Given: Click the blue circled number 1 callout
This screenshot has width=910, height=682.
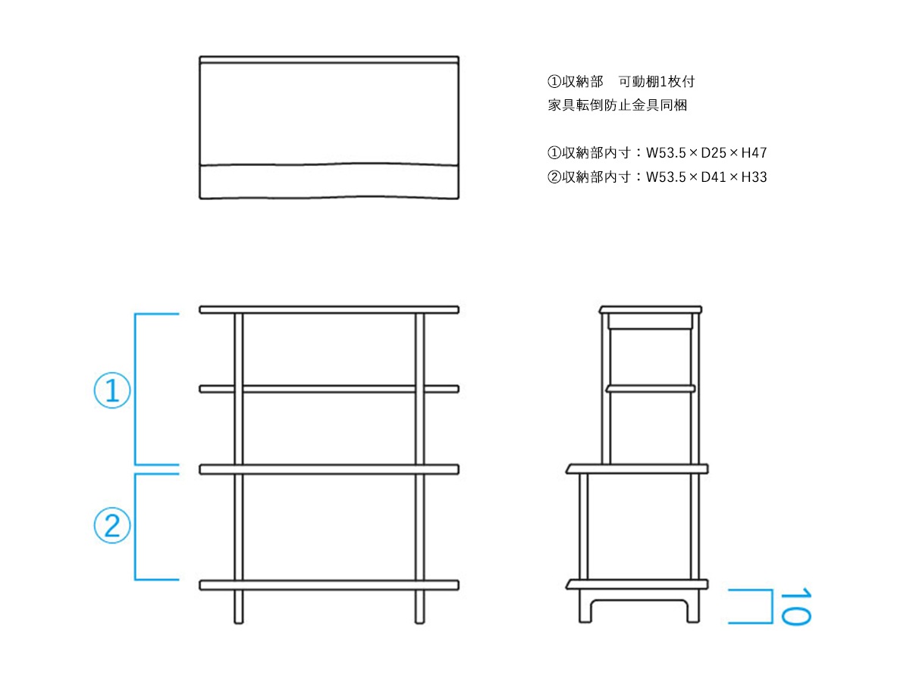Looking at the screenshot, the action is [112, 390].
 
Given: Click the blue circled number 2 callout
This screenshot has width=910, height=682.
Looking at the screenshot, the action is [112, 525].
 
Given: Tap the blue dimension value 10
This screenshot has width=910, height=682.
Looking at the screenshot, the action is [795, 605].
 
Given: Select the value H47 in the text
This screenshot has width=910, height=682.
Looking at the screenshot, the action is [754, 153].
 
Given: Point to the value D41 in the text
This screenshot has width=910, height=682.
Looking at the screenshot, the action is [713, 177].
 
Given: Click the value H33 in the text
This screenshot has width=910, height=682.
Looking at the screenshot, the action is [754, 177].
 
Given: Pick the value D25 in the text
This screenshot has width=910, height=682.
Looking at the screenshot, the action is [713, 153].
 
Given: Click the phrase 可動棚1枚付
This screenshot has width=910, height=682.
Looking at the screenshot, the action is [656, 82].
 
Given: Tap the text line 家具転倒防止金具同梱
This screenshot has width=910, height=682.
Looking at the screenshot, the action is [617, 105].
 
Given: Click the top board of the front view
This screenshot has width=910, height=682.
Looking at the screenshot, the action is [329, 310].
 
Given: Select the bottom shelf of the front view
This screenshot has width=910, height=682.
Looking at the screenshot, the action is [329, 585].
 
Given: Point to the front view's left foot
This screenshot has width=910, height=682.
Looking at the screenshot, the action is [238, 607].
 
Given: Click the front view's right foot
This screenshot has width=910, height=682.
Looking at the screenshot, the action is [419, 607].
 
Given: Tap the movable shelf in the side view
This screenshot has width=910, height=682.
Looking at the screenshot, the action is [650, 389].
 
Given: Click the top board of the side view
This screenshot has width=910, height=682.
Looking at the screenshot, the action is [650, 310].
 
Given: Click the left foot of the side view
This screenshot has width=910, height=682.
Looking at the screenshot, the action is [585, 605].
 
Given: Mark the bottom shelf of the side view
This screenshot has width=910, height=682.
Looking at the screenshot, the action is [637, 584].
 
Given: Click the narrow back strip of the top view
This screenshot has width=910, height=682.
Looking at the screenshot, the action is [329, 60].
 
